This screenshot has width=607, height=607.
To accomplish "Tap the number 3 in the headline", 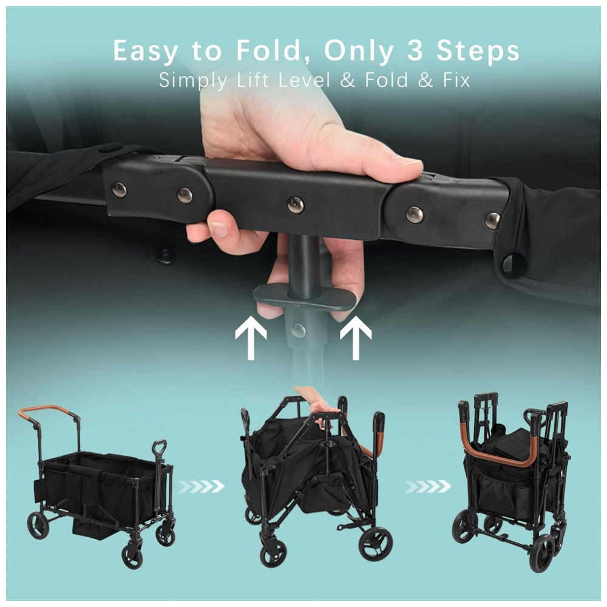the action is (415, 51).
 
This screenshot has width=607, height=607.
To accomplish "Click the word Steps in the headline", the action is (478, 52).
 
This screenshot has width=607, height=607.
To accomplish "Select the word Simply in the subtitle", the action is (193, 81).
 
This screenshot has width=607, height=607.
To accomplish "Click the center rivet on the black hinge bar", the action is (296, 205).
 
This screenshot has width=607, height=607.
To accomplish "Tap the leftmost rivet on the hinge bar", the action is (119, 189).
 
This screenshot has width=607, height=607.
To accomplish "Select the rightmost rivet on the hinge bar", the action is (492, 221).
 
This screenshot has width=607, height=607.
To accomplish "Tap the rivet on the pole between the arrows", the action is (299, 331).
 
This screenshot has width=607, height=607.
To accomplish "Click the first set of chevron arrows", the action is (202, 486).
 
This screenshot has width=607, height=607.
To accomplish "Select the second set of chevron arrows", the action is (428, 486).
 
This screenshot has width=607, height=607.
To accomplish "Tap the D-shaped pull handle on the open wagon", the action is (160, 447).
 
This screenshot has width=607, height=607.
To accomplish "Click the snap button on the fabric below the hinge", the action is (166, 256).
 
